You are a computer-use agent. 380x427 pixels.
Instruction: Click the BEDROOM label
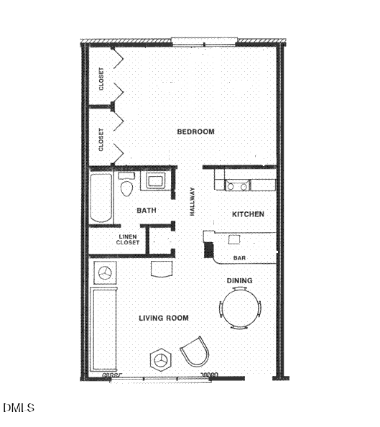coord(196,132)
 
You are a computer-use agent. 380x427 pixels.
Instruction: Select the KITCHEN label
coord(248,214)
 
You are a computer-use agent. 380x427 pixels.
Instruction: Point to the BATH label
coord(147,211)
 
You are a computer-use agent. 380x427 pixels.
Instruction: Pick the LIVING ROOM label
coord(164,318)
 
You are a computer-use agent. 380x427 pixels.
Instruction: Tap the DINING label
coord(239,280)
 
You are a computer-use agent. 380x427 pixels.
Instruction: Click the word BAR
coord(241,258)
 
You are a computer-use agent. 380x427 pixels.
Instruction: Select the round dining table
coord(240,308)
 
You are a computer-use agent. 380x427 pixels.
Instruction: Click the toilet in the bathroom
coord(128,187)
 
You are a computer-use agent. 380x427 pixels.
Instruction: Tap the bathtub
coord(101,198)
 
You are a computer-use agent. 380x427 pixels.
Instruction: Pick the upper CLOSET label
coord(101,78)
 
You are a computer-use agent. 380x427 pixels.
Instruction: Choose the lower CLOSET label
coord(101,139)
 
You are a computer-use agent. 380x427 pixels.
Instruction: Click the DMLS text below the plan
coord(19,408)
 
